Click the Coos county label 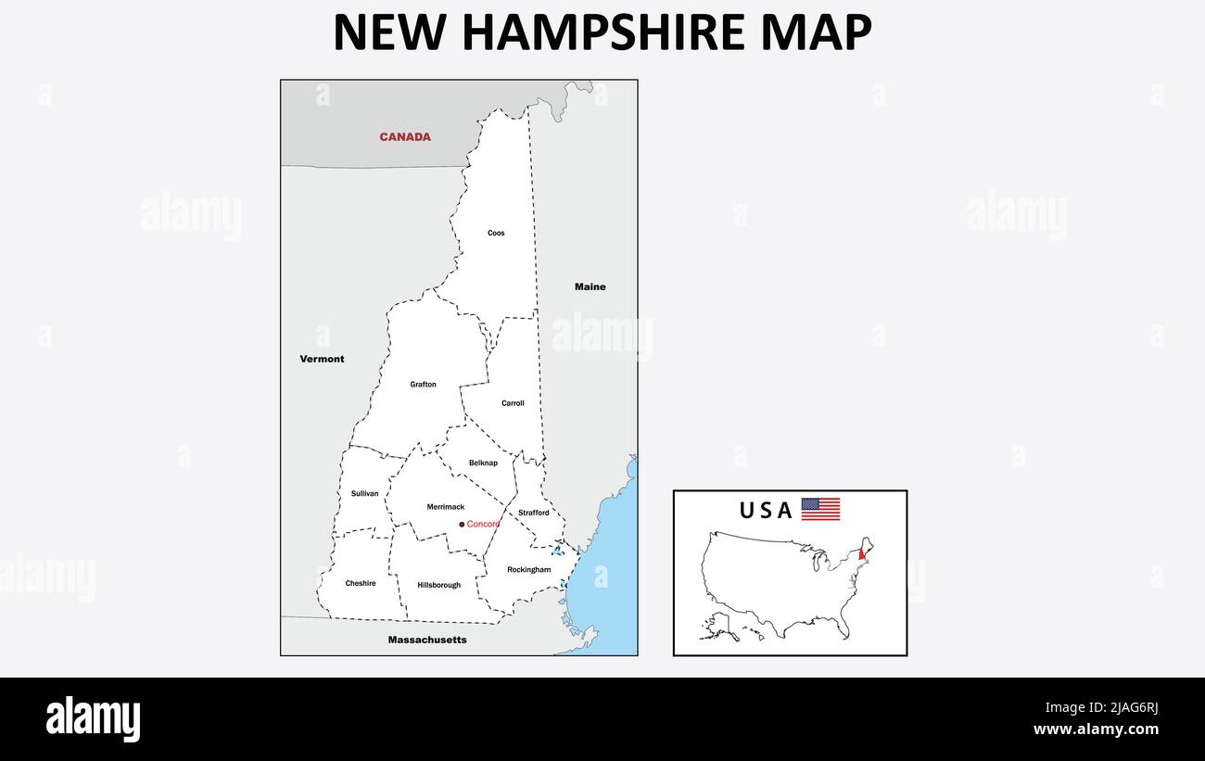coord(496,233)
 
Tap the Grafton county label coord(423,384)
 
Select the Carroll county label coord(513,403)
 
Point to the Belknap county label coord(483,463)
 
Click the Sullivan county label coord(364,493)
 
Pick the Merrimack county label coord(445,507)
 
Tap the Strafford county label coord(533,513)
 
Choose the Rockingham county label coord(528,569)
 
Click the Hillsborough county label coord(438,585)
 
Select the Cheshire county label coord(361,583)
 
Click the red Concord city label coord(483,525)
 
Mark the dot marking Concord coord(462,525)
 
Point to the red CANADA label coord(405,137)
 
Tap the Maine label coord(590,286)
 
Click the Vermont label coord(322,359)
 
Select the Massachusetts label coord(427,640)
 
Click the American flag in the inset coord(820,509)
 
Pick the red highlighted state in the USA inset coord(863,554)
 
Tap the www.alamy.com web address coord(1096,729)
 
